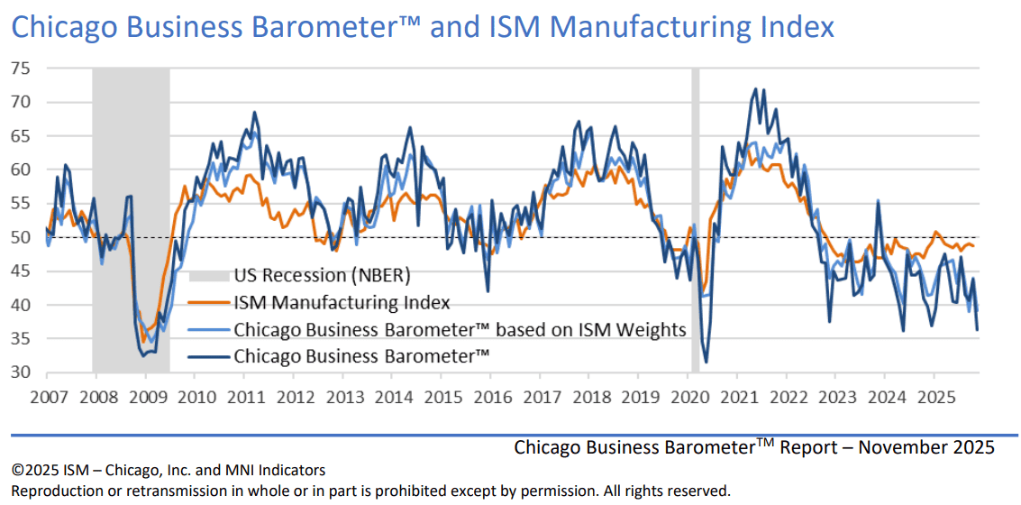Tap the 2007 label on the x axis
[x=45, y=397]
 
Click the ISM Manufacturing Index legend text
[x=342, y=302]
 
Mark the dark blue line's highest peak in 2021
[x=754, y=89]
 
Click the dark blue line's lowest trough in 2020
[x=706, y=362]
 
